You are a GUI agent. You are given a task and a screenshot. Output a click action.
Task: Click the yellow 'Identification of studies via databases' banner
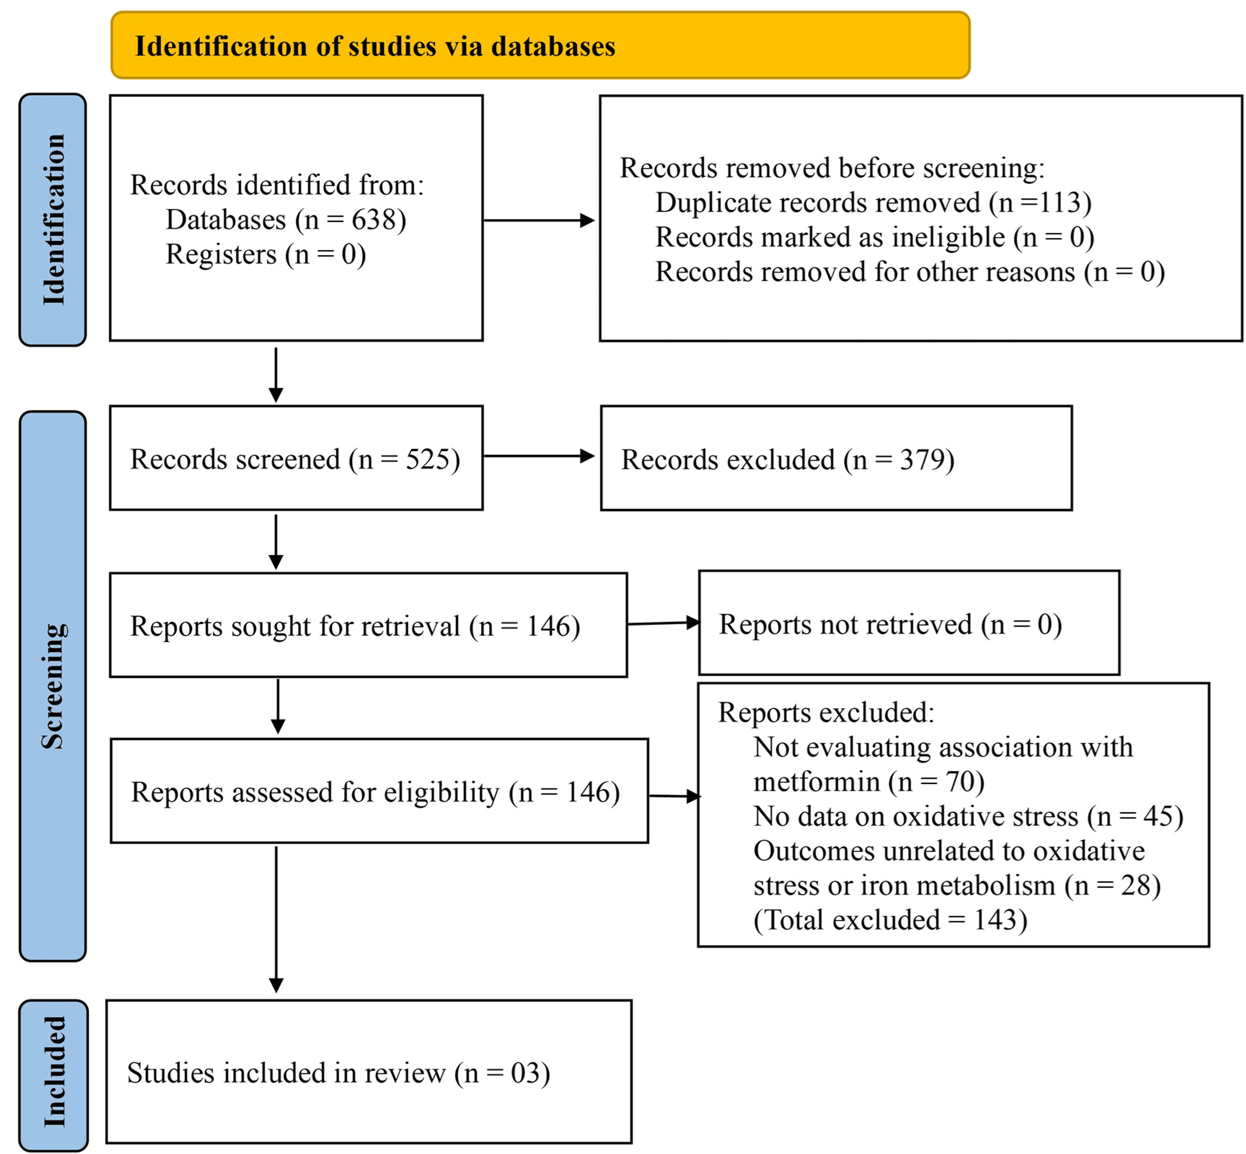(540, 45)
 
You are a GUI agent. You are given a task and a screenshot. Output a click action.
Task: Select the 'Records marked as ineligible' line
(875, 237)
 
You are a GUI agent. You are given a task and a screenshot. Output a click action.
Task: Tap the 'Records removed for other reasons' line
(910, 272)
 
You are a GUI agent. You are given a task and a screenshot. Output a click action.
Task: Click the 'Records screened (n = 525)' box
(296, 458)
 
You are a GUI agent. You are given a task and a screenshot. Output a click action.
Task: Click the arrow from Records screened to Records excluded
(539, 456)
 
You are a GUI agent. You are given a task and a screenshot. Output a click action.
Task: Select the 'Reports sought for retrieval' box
(368, 625)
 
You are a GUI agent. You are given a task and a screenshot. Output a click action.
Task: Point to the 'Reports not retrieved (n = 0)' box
(909, 622)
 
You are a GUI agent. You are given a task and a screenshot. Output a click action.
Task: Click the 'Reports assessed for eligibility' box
(379, 790)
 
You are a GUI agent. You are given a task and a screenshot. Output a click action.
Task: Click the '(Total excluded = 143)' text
(890, 920)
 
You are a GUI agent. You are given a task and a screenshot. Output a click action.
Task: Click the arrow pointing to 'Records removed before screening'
(539, 220)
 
